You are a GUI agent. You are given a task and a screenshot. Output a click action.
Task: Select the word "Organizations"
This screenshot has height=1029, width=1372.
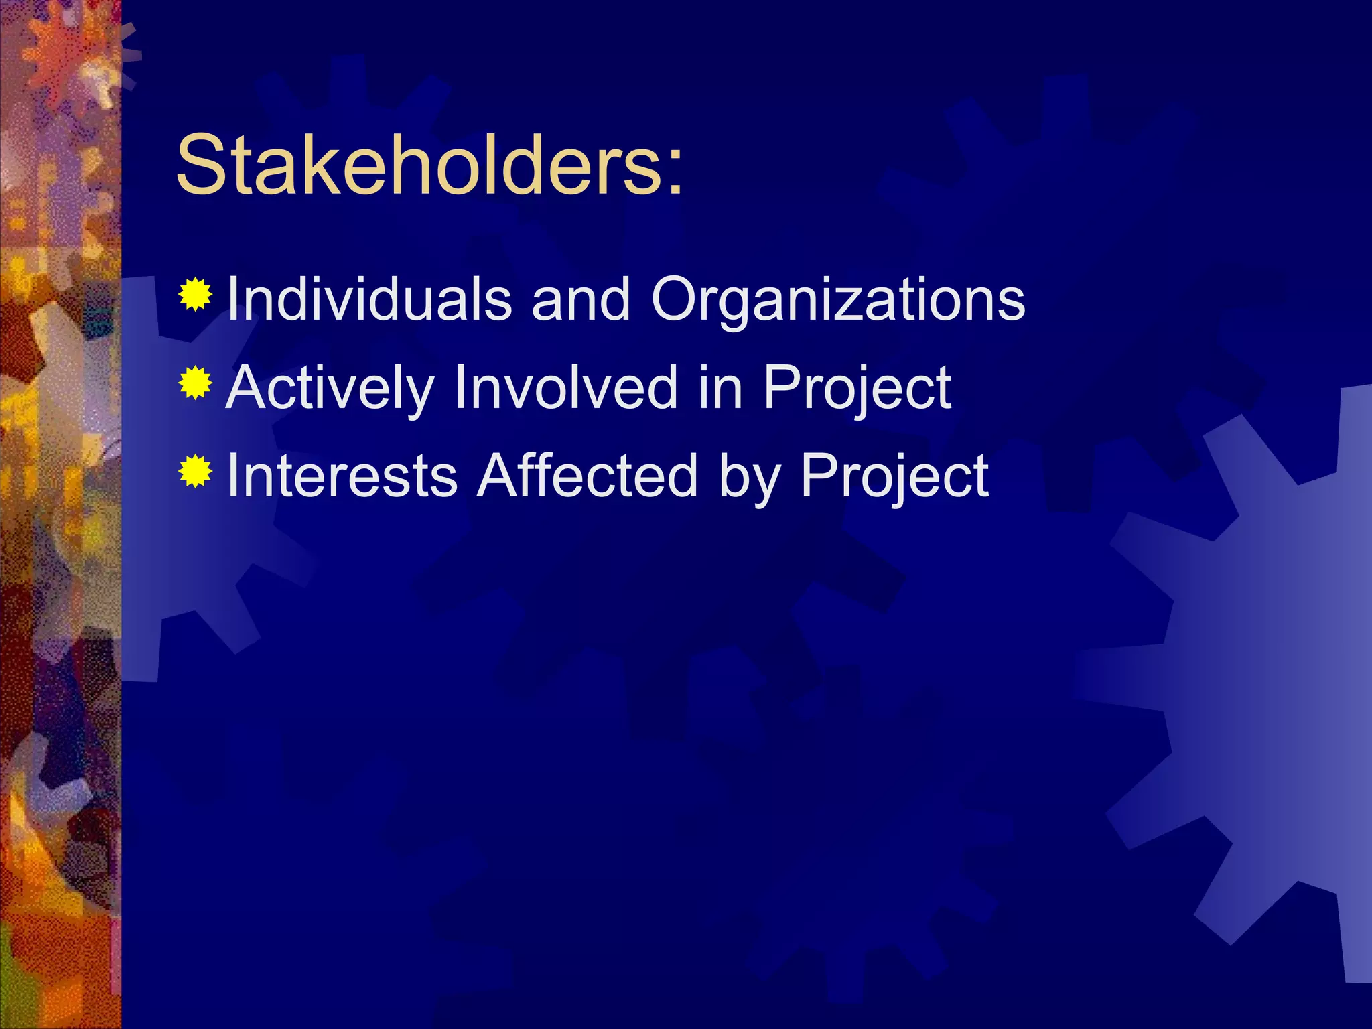(837, 300)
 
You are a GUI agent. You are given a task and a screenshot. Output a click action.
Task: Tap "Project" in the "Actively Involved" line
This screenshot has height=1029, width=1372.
(857, 390)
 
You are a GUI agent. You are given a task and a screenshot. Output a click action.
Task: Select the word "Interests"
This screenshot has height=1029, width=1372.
(342, 476)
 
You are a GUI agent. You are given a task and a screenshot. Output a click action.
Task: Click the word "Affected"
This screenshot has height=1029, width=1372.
(588, 476)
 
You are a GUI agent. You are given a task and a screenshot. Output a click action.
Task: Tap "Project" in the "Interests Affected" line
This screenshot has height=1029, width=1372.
(894, 478)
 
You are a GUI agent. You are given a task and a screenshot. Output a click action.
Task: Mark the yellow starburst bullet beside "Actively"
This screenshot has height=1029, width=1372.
(196, 383)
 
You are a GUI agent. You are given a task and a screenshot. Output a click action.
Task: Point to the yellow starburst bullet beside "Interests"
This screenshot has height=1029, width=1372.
(196, 471)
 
